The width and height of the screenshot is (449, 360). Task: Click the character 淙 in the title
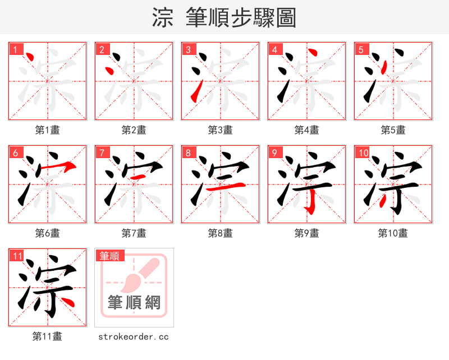(163, 18)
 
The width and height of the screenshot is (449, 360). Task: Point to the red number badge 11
(17, 256)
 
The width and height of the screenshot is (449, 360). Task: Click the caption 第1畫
(48, 130)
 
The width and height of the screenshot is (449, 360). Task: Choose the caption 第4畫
(307, 130)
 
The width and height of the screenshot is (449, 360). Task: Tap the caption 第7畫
(134, 233)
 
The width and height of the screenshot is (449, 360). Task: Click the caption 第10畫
(393, 233)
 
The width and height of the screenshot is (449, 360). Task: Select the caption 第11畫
(48, 336)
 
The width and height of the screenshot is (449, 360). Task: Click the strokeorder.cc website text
(134, 336)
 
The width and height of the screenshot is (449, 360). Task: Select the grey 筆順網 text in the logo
(134, 303)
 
